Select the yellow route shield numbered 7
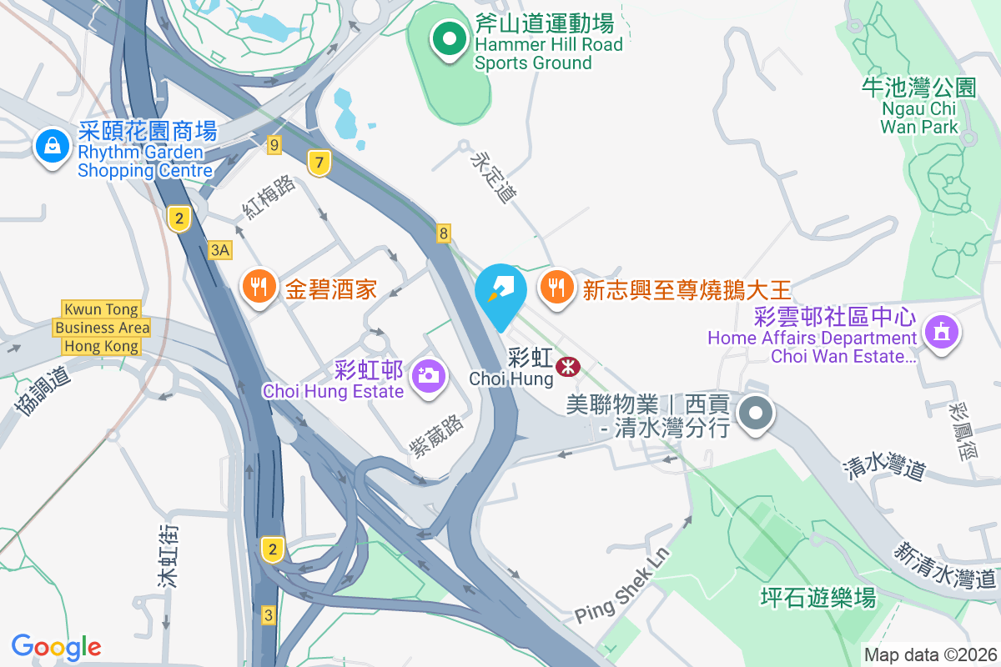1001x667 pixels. click(x=318, y=163)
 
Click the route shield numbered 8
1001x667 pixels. click(x=444, y=233)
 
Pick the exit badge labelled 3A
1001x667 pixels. click(x=220, y=249)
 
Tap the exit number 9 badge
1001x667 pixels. click(x=274, y=145)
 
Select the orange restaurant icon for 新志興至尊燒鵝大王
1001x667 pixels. click(x=556, y=288)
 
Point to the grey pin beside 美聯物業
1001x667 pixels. click(x=756, y=413)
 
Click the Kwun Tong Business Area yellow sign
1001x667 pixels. click(x=102, y=328)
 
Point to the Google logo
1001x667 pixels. click(x=56, y=647)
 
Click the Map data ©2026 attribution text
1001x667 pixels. click(x=930, y=654)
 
